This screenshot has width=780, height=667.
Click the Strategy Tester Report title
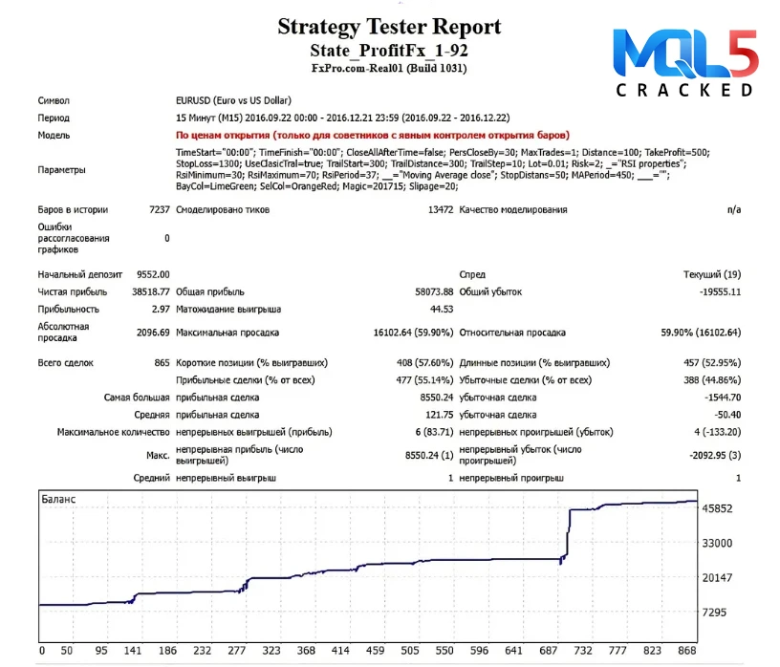point(389,26)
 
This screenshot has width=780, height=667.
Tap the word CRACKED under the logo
point(684,91)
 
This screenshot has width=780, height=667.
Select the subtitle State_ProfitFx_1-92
point(389,50)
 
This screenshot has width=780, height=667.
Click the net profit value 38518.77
point(150,291)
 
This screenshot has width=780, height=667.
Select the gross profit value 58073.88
point(427,291)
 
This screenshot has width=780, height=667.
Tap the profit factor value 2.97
point(161,309)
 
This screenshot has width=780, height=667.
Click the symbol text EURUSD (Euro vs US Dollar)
point(234,100)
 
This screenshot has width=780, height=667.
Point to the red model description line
point(373,136)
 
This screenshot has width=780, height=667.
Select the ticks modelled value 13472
point(440,209)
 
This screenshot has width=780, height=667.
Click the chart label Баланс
point(58,499)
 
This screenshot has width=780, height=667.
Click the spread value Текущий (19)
point(712,274)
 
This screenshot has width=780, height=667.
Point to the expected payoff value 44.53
point(441,309)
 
